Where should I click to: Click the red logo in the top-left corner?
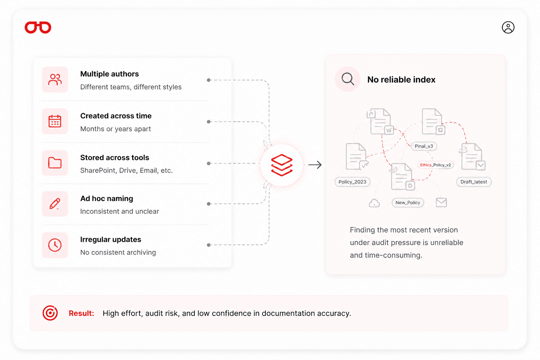pyautogui.click(x=38, y=27)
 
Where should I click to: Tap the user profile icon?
pyautogui.click(x=508, y=27)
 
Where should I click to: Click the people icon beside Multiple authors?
pyautogui.click(x=55, y=79)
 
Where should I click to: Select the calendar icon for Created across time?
pyautogui.click(x=55, y=121)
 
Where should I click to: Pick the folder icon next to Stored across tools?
pyautogui.click(x=55, y=163)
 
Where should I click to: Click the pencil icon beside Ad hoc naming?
pyautogui.click(x=55, y=204)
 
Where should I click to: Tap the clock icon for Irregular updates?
pyautogui.click(x=55, y=245)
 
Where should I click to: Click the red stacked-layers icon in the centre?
pyautogui.click(x=282, y=165)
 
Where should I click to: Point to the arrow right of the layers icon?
pyautogui.click(x=315, y=165)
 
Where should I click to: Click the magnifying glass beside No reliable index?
pyautogui.click(x=348, y=79)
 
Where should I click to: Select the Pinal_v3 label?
pyautogui.click(x=424, y=146)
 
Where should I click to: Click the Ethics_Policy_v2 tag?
pyautogui.click(x=435, y=165)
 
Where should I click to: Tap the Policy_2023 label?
pyautogui.click(x=353, y=182)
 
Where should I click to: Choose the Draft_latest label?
pyautogui.click(x=474, y=182)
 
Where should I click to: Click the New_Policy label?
pyautogui.click(x=408, y=202)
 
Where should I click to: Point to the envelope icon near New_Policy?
pyautogui.click(x=442, y=202)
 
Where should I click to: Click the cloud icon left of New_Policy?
pyautogui.click(x=374, y=203)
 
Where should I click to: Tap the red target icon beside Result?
pyautogui.click(x=50, y=313)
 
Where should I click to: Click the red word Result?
pyautogui.click(x=81, y=313)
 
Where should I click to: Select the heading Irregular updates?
pyautogui.click(x=111, y=239)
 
